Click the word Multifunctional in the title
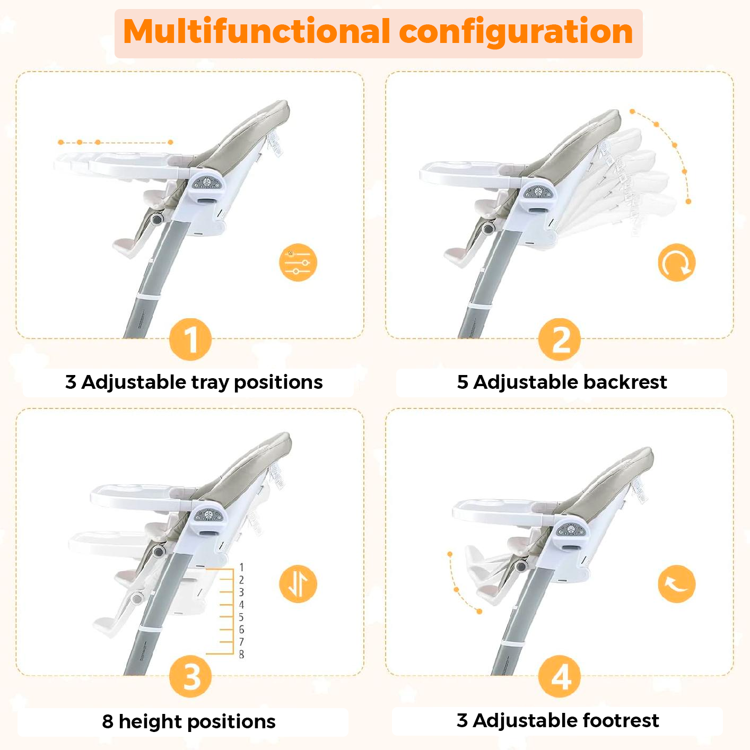257,31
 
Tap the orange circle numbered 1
190,339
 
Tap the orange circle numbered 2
559,339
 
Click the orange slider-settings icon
298,263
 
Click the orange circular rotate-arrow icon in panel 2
676,263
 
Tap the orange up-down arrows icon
298,584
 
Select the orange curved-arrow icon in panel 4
676,584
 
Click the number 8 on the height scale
241,654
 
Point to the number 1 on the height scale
241,568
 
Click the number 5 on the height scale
241,617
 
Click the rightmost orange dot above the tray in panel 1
170,143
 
